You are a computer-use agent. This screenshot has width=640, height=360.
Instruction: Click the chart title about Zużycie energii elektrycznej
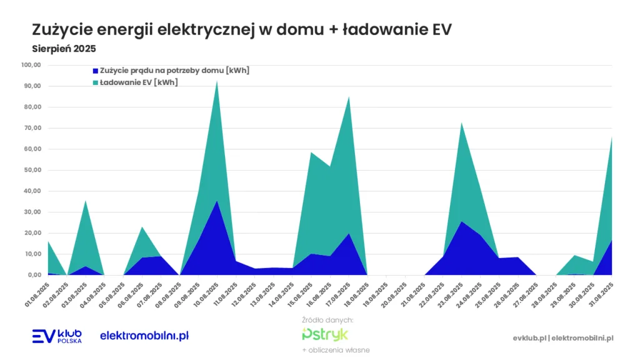(x=241, y=29)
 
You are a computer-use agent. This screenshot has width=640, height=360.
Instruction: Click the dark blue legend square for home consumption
(x=95, y=71)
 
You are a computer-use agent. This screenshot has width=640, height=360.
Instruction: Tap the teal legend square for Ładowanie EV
(x=95, y=82)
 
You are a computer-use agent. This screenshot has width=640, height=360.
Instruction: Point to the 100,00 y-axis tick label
(x=31, y=64)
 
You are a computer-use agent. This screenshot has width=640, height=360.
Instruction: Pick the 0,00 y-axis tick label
(x=34, y=275)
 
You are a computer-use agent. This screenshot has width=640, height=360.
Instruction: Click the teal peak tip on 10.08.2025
(x=217, y=81)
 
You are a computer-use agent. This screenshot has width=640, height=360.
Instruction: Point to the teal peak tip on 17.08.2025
(x=349, y=96)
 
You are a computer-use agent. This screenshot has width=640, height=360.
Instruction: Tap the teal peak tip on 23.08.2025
(x=461, y=122)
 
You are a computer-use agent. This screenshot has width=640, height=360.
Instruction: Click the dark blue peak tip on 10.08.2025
(x=217, y=201)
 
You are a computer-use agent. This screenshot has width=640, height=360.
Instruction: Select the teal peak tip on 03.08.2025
(x=86, y=201)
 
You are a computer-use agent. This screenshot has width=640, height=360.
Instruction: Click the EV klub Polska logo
(x=56, y=336)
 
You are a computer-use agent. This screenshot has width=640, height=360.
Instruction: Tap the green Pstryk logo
(x=325, y=334)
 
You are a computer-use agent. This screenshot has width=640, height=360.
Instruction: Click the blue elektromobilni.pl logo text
(x=144, y=336)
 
